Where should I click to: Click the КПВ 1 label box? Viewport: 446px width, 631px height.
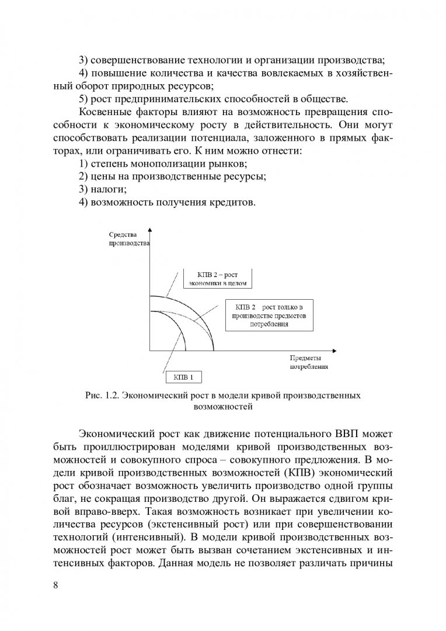pos(175,377)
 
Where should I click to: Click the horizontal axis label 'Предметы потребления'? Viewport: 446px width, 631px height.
pos(308,362)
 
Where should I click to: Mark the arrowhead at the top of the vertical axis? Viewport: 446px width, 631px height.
pos(150,230)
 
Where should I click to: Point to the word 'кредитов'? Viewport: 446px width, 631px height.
pos(232,202)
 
